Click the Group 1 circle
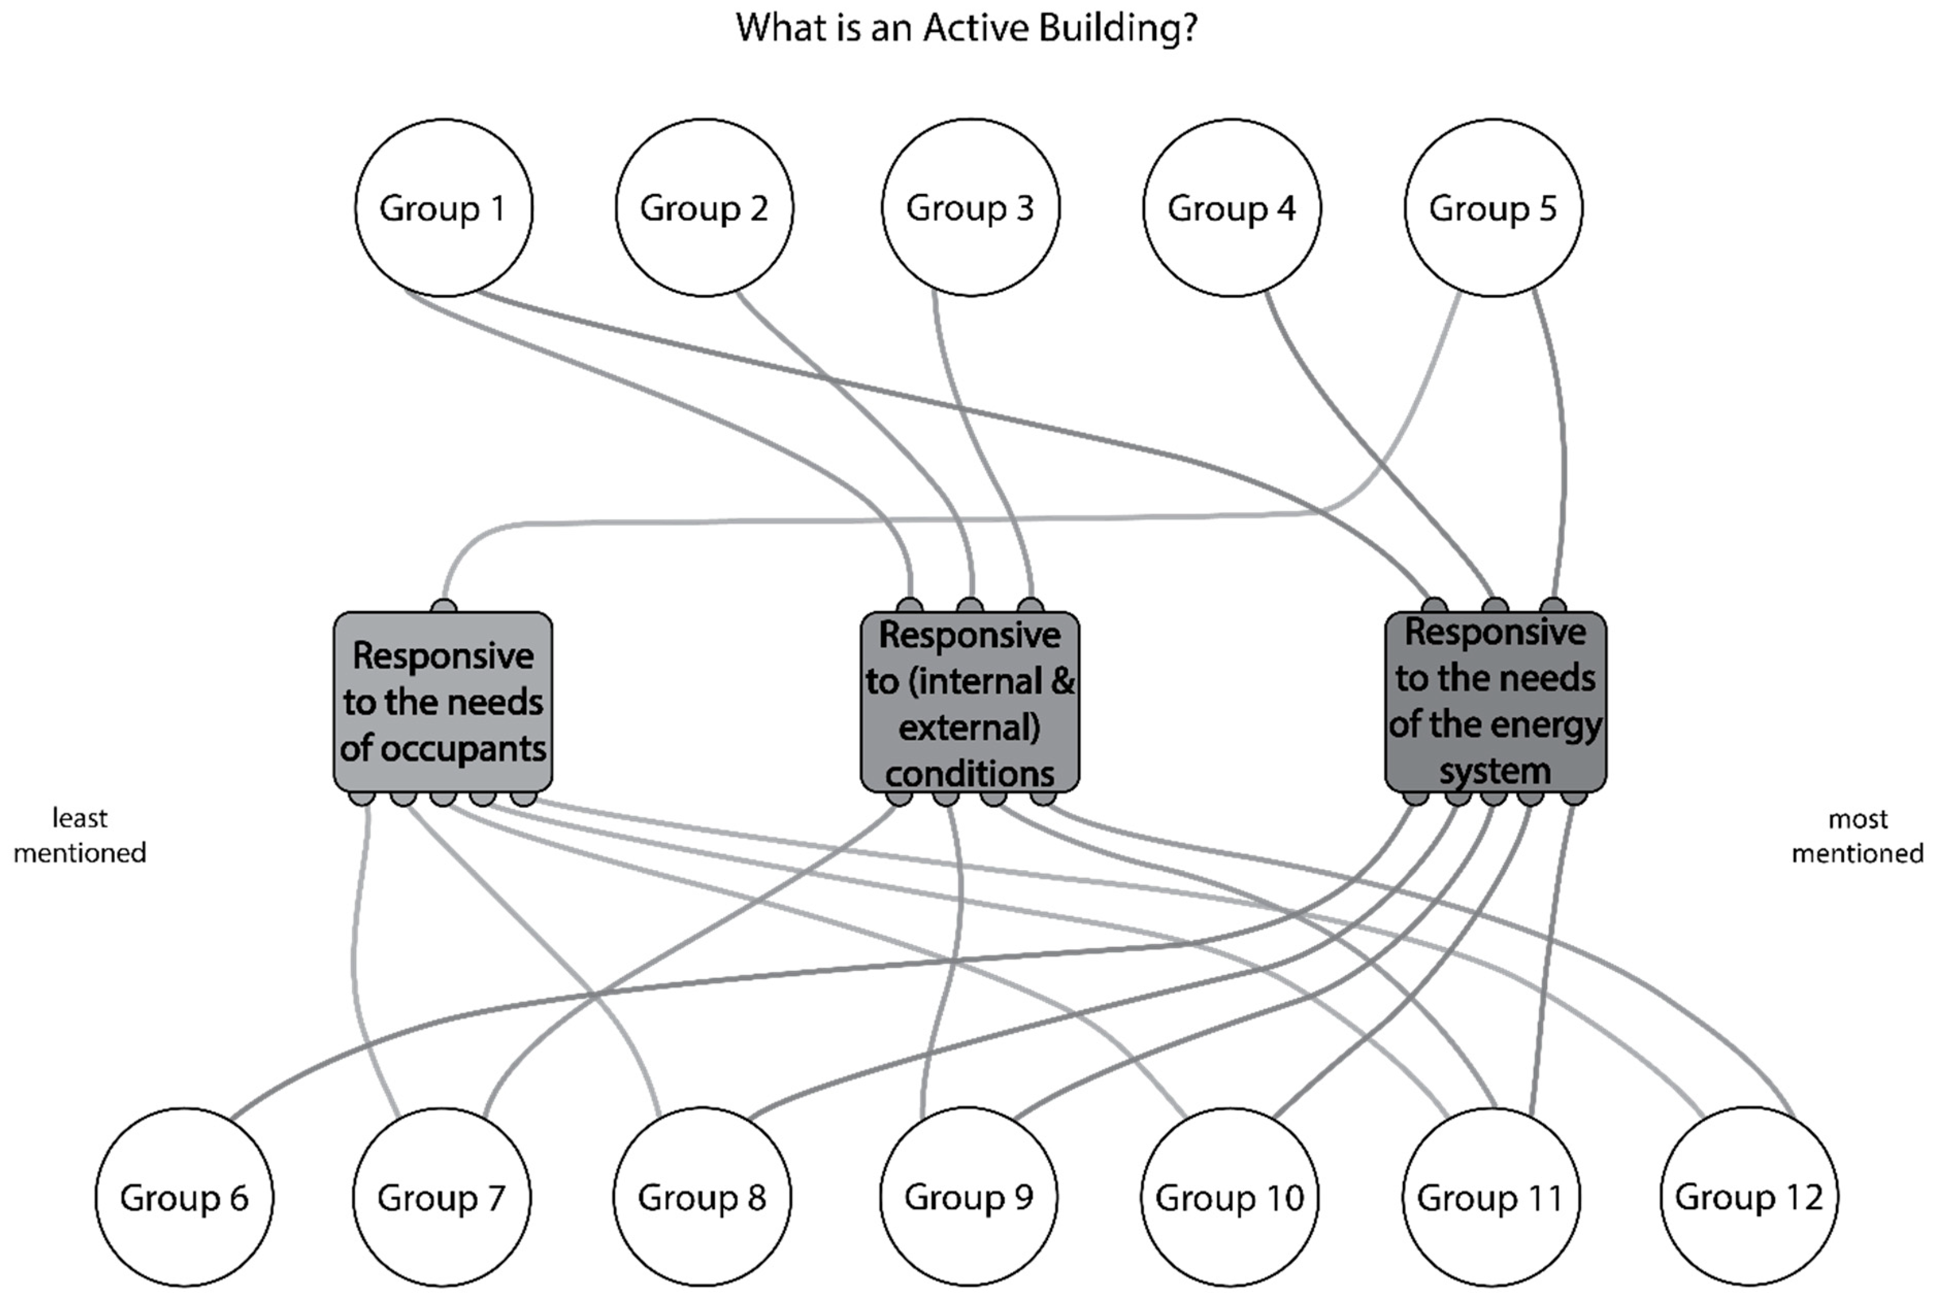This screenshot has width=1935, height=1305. coord(443,207)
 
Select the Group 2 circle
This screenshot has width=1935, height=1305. coord(704,207)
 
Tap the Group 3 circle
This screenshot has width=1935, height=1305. coord(970,207)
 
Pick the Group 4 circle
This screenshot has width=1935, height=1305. coord(1232,207)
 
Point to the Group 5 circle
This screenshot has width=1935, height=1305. coord(1493,207)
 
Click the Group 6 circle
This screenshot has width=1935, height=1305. coord(184,1197)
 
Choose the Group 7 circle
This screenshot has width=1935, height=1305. coord(441,1197)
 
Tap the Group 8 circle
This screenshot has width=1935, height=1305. coord(702,1197)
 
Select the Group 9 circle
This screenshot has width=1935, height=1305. coord(969,1197)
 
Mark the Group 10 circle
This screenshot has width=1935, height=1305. coord(1229,1197)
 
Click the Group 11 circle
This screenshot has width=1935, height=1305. coord(1491,1197)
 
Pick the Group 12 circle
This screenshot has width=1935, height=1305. coord(1748,1197)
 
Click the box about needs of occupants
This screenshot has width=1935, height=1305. coord(443,702)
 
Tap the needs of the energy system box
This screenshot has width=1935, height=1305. coord(1496,702)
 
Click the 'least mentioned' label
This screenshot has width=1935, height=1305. coord(80,836)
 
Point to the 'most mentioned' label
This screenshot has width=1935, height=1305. coord(1858,836)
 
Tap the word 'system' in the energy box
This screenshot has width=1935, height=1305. coord(1495,771)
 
